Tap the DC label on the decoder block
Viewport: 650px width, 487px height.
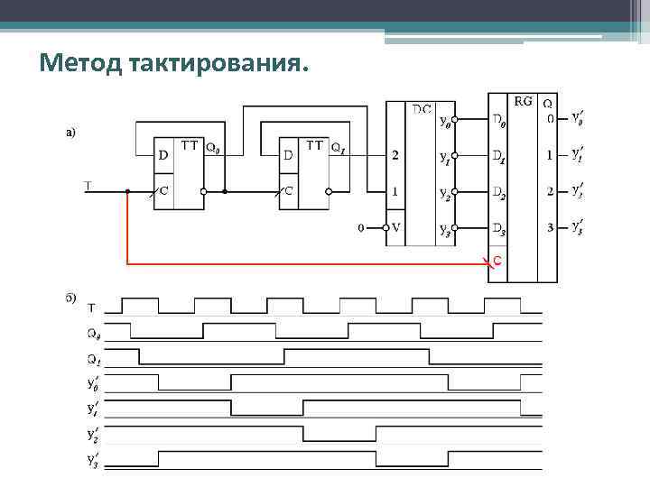pos(422,109)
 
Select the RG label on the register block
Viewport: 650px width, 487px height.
pos(523,102)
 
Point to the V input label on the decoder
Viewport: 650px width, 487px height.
pos(395,227)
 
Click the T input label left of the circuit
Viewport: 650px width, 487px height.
pos(88,187)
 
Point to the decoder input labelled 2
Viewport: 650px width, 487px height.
pos(395,155)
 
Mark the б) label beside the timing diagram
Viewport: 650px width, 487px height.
pos(70,297)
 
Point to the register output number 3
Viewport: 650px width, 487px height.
pos(550,227)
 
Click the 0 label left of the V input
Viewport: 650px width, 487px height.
pos(361,227)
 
